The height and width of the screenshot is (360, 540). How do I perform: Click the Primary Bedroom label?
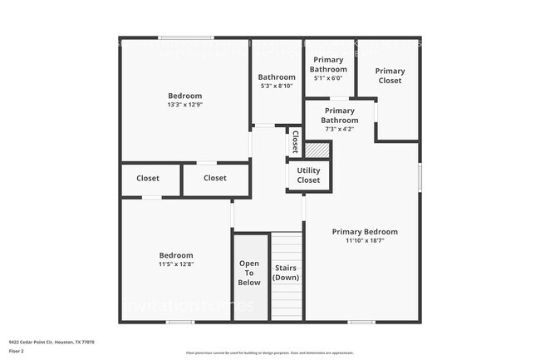pos(365,232)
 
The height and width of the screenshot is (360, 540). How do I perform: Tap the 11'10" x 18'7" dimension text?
pos(365,241)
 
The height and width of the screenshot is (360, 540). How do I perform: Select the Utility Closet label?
pos(308,175)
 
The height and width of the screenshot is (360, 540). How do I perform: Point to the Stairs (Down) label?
pos(286,273)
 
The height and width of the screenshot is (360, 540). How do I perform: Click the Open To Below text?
pos(250,273)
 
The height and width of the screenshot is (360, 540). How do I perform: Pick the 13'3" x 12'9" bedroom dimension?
pos(184,105)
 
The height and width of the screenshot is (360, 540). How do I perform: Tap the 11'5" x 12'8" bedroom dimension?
pos(176,264)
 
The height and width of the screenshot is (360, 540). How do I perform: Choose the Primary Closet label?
pos(390,76)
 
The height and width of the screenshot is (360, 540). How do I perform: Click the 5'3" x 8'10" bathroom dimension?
pos(277,86)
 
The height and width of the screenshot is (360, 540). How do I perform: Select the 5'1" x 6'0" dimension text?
pos(328,78)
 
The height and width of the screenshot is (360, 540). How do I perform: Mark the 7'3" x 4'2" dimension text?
pos(340,129)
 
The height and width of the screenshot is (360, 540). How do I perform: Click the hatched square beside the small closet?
pos(317,150)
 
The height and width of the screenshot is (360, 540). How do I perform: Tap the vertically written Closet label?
pos(295,141)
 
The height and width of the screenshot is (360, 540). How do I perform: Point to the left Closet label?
pos(148,178)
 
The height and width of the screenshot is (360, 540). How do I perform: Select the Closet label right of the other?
pos(214,178)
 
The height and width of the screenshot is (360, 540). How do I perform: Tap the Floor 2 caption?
pos(17,352)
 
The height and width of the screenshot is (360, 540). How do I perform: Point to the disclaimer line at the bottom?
pos(269,353)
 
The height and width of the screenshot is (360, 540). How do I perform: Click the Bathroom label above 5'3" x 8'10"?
pos(277,77)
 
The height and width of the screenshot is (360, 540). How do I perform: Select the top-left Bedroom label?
pos(184,96)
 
